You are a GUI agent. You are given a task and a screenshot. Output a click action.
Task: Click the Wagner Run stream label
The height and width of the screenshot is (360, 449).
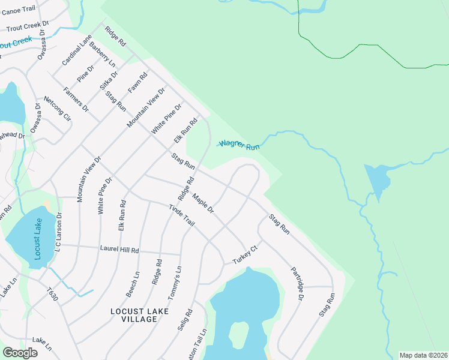pos(239,145)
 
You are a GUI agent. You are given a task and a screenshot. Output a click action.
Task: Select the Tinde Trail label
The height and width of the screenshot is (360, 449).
pos(181,215)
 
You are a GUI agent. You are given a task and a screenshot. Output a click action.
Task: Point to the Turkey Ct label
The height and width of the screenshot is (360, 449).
pos(247,255)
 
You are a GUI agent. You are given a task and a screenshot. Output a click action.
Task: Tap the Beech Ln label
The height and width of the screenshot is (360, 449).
pos(133,284)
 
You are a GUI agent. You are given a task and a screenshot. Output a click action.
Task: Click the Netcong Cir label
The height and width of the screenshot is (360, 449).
pos(57,109)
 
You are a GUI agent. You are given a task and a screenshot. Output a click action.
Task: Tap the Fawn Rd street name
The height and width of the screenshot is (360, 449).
pos(137,83)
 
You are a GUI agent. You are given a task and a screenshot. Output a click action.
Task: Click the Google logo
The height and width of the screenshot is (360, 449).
pos(20,353)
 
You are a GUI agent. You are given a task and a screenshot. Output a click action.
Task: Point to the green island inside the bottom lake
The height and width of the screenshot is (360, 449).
pos(238,334)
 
